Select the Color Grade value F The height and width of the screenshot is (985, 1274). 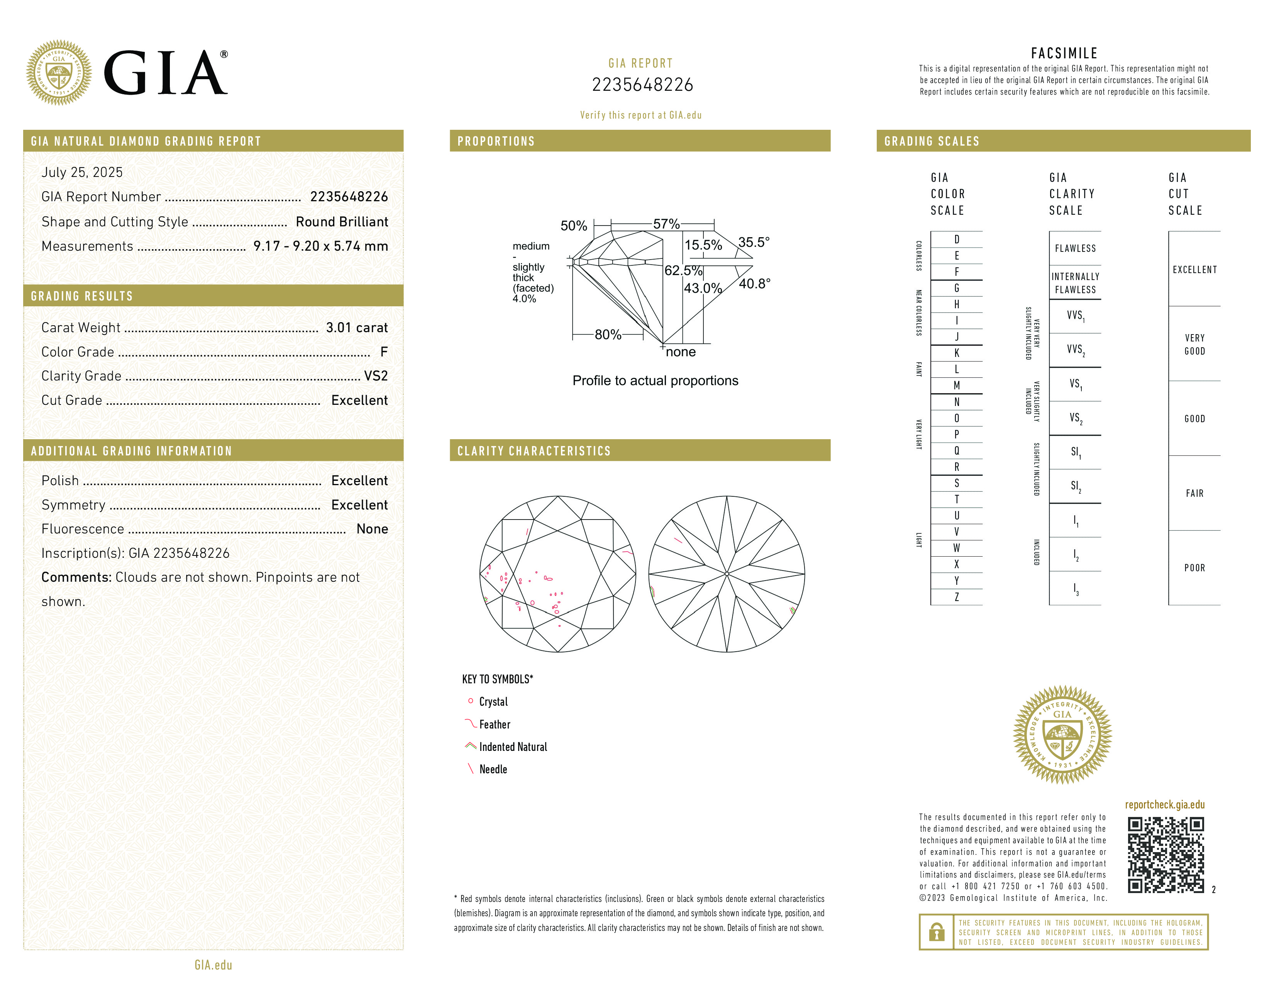click(383, 352)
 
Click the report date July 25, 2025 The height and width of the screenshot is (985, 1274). click(82, 172)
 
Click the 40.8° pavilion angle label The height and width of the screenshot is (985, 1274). click(754, 284)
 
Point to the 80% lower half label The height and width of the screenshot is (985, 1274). click(608, 335)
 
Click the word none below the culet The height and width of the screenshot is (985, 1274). click(681, 352)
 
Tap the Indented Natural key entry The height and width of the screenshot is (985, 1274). click(513, 747)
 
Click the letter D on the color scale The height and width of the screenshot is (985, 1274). click(957, 239)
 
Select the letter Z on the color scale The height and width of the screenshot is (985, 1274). click(957, 597)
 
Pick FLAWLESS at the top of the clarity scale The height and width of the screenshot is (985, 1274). click(1075, 249)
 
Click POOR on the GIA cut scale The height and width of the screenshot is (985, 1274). click(1194, 568)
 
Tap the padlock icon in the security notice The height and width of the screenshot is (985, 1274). click(936, 932)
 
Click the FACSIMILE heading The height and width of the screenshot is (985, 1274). click(1064, 53)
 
